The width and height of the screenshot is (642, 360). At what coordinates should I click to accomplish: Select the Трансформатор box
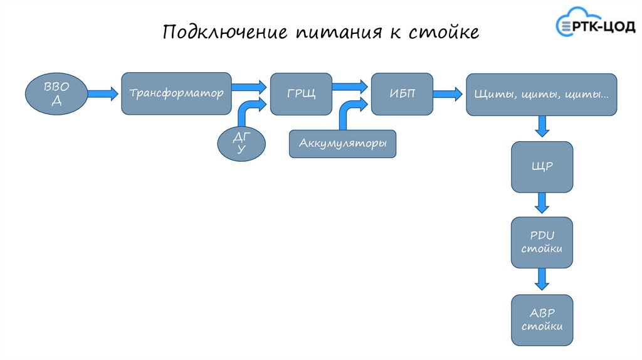[x=176, y=93]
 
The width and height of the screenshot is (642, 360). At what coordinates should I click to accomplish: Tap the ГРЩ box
[x=301, y=93]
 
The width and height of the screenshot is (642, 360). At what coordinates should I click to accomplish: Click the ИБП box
[x=402, y=93]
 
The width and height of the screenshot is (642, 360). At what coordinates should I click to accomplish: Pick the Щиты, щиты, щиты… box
[x=541, y=95]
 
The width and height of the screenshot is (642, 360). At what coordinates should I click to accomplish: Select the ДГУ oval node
[x=241, y=145]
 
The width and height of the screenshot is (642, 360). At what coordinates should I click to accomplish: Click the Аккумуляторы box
[x=342, y=144]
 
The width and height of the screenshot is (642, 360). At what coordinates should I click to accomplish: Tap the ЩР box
[x=542, y=167]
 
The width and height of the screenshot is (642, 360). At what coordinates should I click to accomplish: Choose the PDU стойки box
[x=542, y=242]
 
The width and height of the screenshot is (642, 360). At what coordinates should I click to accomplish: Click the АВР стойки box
[x=542, y=320]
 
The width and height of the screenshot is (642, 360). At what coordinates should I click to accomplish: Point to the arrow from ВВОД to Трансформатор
[x=101, y=94]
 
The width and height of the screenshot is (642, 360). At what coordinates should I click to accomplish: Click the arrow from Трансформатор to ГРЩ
[x=250, y=85]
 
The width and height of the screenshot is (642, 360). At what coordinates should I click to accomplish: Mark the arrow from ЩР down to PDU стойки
[x=542, y=203]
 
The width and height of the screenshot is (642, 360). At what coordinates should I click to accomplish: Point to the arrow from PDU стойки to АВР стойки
[x=542, y=279]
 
